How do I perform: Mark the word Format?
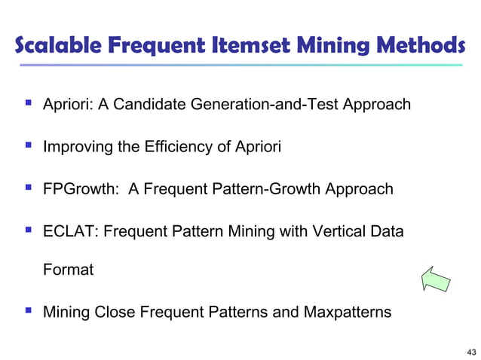(x=68, y=269)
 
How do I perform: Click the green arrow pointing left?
(x=436, y=278)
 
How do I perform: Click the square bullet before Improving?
(x=28, y=145)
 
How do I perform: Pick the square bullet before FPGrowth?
(x=28, y=188)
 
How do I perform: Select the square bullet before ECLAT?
(x=28, y=230)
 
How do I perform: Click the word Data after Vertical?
(x=388, y=230)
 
